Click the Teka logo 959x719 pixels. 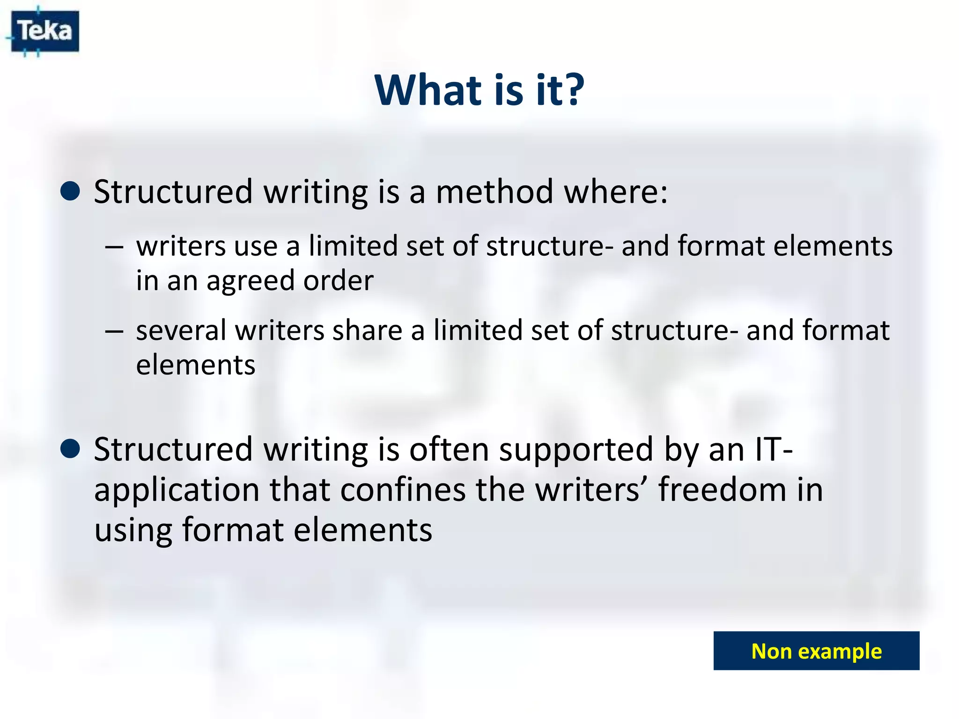pyautogui.click(x=45, y=31)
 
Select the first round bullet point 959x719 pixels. pyautogui.click(x=70, y=191)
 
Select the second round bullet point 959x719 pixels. pyautogui.click(x=70, y=449)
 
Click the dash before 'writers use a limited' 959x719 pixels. pyautogui.click(x=114, y=247)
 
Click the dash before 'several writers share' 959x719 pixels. pyautogui.click(x=114, y=331)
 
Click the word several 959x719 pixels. pyautogui.click(x=181, y=330)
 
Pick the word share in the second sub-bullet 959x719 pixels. pyautogui.click(x=367, y=330)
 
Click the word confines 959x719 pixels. pyautogui.click(x=403, y=490)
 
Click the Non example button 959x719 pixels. pyautogui.click(x=816, y=651)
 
